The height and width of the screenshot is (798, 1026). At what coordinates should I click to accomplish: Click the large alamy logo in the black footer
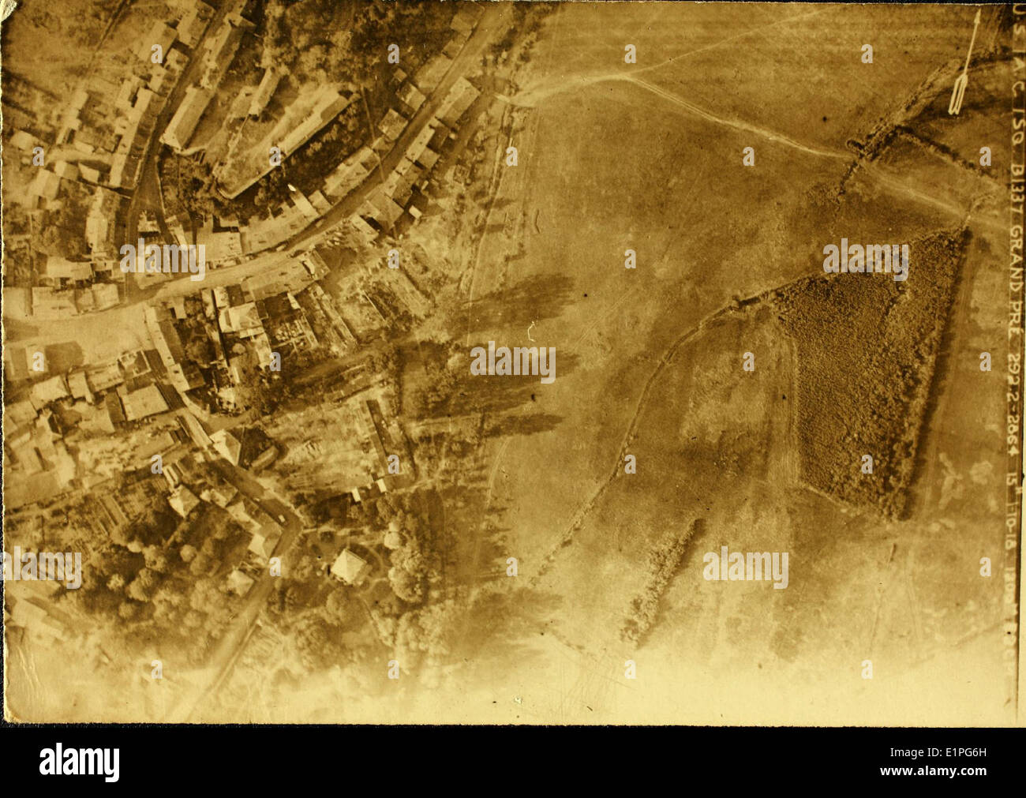tap(80, 762)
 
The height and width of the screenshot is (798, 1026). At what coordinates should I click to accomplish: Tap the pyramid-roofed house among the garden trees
tap(347, 565)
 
